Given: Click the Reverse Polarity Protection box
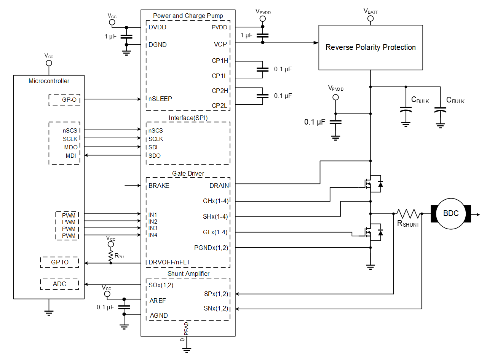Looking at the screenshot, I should click(370, 48).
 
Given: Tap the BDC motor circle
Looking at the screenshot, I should click(451, 214).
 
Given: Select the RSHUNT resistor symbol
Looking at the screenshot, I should click(408, 214).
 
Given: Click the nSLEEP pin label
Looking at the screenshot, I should click(160, 99).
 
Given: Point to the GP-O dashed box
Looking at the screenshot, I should click(65, 100).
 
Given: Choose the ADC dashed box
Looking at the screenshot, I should click(59, 284).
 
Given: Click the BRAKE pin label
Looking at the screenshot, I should click(159, 186).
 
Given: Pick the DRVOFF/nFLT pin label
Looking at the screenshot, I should click(169, 262).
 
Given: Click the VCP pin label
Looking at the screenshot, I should click(220, 44).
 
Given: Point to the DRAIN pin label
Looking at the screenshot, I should click(219, 186).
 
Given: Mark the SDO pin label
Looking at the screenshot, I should click(155, 156).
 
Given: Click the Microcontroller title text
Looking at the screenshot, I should click(49, 81).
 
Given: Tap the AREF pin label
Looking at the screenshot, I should click(158, 301).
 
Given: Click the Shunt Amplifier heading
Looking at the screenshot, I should click(188, 274).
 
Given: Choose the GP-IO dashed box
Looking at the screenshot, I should click(59, 262).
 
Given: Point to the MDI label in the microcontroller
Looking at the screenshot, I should click(71, 155).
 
